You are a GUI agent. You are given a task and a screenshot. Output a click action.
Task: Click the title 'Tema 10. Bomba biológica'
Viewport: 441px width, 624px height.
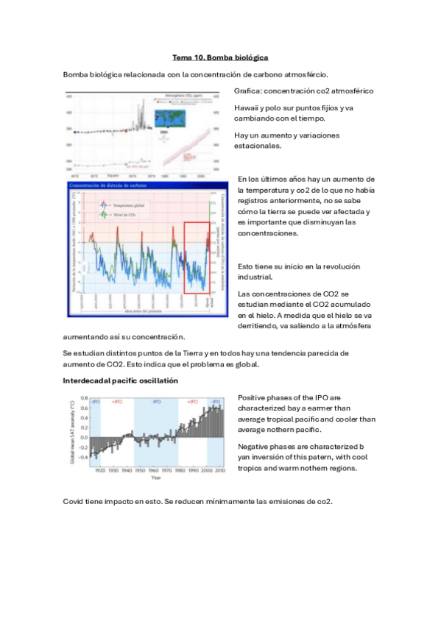pyautogui.click(x=220, y=57)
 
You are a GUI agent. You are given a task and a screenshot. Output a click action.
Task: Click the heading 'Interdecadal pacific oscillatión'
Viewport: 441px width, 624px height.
pyautogui.click(x=121, y=380)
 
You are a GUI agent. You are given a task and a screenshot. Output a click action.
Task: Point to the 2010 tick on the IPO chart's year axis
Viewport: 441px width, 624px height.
pyautogui.click(x=219, y=471)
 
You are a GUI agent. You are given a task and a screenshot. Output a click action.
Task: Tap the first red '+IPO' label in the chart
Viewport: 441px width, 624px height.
pyautogui.click(x=117, y=402)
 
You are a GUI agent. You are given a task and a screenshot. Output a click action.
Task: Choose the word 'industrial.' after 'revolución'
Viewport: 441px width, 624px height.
pyautogui.click(x=255, y=277)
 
